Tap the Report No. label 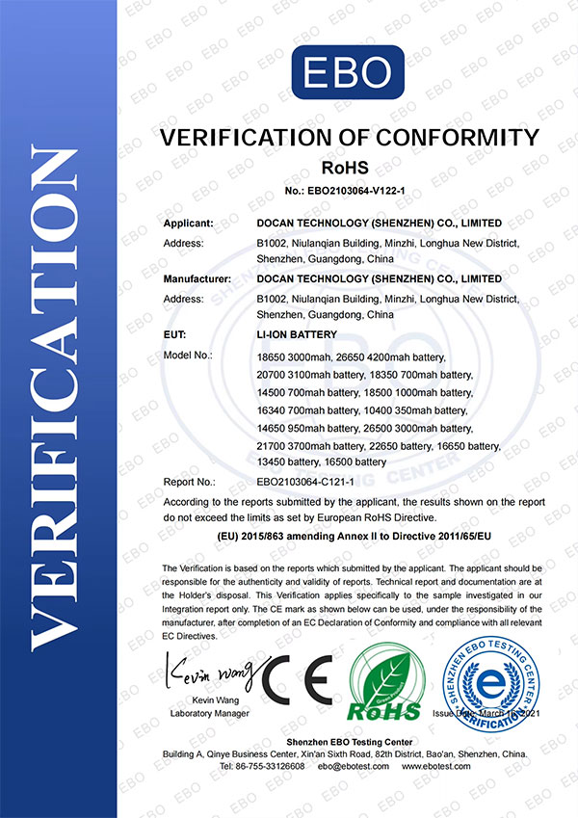coord(190,479)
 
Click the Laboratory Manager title coord(209,713)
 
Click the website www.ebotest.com coord(436,766)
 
